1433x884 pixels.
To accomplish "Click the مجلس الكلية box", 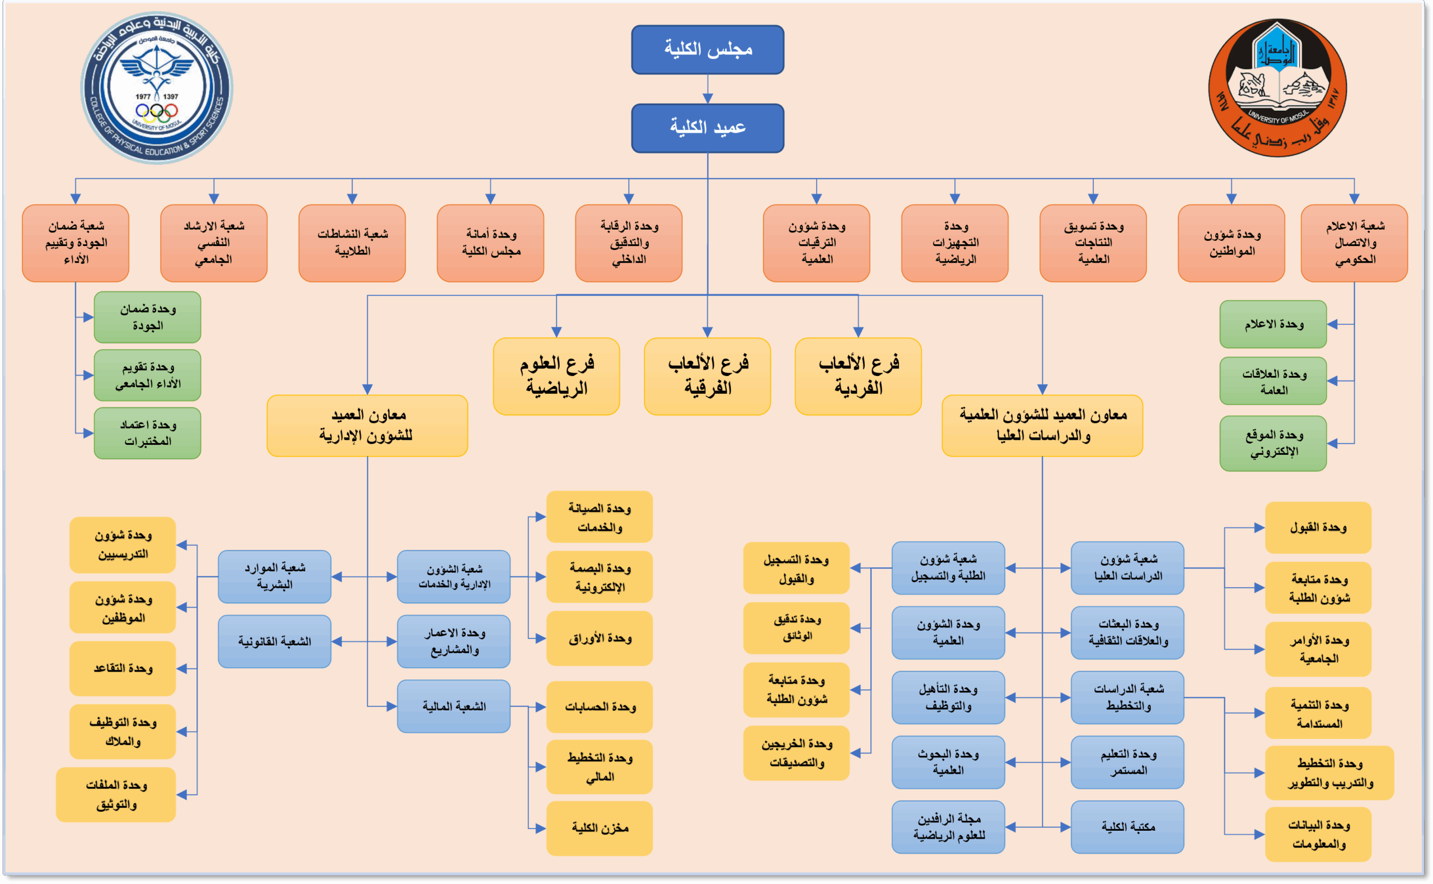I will click(708, 50).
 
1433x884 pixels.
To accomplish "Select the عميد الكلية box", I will click(708, 128).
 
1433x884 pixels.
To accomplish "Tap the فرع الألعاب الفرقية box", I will click(707, 376).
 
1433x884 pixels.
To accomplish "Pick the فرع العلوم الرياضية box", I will click(556, 376).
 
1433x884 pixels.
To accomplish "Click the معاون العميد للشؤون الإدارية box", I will click(367, 425).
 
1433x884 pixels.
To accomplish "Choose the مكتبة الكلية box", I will click(1127, 827).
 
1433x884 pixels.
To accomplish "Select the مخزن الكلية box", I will click(600, 828).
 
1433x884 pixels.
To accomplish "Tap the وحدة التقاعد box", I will click(123, 668).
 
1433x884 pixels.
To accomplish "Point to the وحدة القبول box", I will click(1318, 527).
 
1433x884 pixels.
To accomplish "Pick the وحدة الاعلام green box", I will click(1273, 324).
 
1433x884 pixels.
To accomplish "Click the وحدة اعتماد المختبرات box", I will click(147, 432).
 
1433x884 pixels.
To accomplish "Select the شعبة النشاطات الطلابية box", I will click(352, 243).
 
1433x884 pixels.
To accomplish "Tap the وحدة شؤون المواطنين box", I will click(1231, 243).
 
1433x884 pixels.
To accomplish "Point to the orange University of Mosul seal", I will click(1277, 88).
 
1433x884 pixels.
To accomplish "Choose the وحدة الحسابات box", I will click(600, 707).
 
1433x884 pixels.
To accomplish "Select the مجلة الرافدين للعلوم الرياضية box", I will click(948, 827).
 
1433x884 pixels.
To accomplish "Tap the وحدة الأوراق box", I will click(600, 638).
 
